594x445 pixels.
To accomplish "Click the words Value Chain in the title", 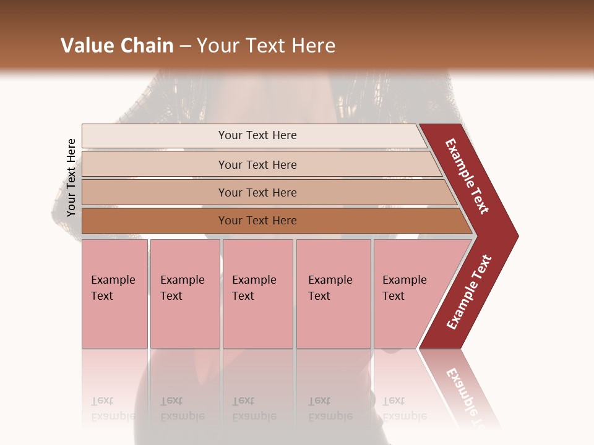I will coord(117,46).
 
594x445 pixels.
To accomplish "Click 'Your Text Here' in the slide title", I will coord(266,46).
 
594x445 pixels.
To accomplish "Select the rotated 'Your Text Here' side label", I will coord(71,177).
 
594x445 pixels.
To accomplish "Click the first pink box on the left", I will coord(114,294).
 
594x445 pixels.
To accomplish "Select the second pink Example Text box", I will coord(185,294).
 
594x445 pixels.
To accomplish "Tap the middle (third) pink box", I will coord(257,294).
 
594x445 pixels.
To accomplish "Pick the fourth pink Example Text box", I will coord(334,294).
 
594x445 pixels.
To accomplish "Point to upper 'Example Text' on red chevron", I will coord(467,176).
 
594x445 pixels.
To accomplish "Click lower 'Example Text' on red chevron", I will coord(469,292).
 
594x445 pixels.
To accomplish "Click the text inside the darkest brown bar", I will coord(257,221).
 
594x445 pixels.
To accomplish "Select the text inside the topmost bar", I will coord(257,135).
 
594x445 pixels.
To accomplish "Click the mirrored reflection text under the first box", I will coord(113,409).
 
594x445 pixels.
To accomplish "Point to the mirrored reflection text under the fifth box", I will coord(404,409).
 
